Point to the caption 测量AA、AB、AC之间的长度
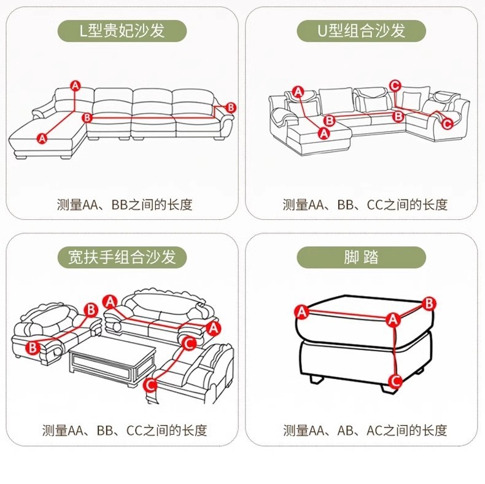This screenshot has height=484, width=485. [x=365, y=431]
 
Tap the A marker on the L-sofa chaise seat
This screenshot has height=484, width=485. [x=42, y=138]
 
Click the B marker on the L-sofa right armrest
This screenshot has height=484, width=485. [x=231, y=107]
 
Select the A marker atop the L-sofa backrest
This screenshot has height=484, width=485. [x=75, y=85]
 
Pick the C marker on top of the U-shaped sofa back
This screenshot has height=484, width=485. [x=395, y=85]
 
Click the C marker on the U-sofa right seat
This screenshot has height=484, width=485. [x=447, y=123]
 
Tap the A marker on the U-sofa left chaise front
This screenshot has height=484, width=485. [x=325, y=132]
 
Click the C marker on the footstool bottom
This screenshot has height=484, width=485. [x=395, y=380]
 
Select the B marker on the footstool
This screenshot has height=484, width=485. [x=430, y=303]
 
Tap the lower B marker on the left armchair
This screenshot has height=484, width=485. [x=32, y=348]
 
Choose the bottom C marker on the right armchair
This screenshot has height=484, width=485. [x=150, y=385]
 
